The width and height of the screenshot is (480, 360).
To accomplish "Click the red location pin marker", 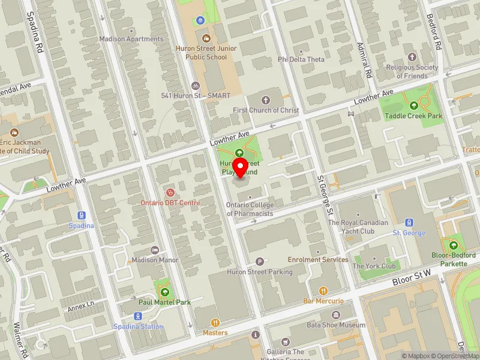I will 241,167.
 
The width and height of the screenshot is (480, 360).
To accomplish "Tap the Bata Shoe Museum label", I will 336,325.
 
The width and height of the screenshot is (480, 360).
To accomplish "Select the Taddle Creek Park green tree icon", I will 413,106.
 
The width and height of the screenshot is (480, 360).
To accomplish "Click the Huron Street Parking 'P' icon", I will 260,261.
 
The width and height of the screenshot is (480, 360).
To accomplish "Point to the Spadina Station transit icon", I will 138,316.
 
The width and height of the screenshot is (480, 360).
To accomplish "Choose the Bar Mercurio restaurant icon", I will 323,290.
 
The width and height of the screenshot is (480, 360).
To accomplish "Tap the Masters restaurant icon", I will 215,322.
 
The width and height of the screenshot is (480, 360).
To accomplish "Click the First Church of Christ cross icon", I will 266,100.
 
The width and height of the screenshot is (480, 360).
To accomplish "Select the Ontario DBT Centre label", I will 170,203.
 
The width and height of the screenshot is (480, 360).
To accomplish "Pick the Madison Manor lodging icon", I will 155,250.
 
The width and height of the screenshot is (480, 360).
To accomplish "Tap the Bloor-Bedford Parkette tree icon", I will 452,245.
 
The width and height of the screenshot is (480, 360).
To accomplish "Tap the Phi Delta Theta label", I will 301,59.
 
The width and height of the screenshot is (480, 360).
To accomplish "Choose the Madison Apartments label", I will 131,39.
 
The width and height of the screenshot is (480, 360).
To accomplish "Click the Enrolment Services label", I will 318,259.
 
